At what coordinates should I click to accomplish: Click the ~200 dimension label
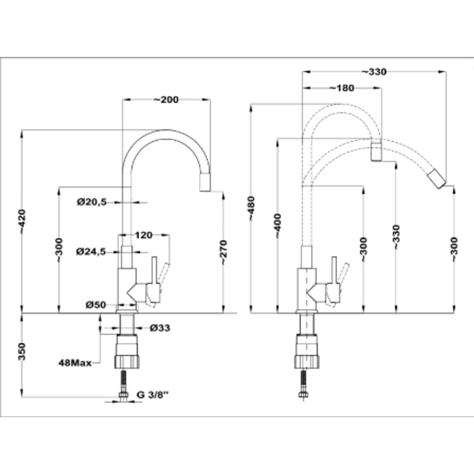click(x=166, y=100)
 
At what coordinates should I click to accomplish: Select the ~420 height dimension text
click(x=22, y=221)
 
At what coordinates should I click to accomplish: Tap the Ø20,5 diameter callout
click(x=92, y=202)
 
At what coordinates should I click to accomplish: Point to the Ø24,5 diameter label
click(x=91, y=251)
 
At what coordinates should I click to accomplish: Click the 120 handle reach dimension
click(x=143, y=235)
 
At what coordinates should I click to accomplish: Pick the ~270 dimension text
click(x=223, y=252)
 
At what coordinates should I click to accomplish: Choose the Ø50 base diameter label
click(x=96, y=305)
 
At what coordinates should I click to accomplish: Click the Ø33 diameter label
click(x=160, y=328)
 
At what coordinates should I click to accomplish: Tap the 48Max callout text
click(x=75, y=363)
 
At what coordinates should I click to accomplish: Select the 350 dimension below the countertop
click(x=22, y=351)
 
